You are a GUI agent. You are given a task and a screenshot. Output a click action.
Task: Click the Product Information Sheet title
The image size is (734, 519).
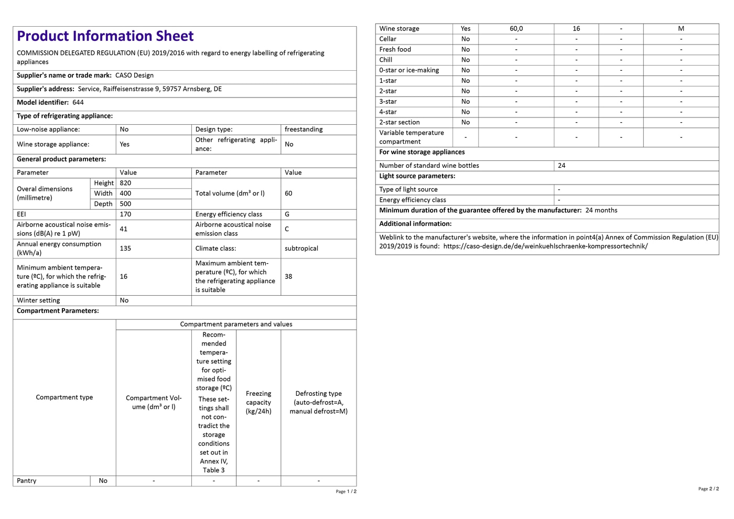pos(105,36)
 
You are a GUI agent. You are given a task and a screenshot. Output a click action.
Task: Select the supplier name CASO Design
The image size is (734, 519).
pos(134,75)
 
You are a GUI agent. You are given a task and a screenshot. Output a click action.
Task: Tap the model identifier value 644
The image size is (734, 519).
pos(78,103)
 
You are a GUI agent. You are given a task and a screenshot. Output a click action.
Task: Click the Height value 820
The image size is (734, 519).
pos(125,183)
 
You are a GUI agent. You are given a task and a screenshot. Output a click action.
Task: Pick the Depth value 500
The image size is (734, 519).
pos(125,204)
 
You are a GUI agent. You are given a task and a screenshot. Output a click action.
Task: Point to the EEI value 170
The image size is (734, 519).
pos(125,214)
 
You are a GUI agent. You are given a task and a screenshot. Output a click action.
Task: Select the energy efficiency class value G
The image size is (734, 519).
pos(287,214)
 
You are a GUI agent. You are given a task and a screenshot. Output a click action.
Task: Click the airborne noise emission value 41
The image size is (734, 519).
pos(124,229)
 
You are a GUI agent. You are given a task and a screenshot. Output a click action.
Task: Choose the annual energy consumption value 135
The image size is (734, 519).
pos(125,248)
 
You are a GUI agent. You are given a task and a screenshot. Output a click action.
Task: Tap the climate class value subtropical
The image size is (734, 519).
pos(301,248)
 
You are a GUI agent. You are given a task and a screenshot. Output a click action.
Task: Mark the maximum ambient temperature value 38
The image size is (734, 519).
pos(288,276)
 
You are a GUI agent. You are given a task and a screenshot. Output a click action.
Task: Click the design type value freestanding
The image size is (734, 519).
pos(304,129)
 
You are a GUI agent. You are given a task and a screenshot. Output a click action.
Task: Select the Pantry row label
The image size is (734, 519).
pos(27,481)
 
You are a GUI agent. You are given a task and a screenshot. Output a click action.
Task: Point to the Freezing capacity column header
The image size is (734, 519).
pos(258,402)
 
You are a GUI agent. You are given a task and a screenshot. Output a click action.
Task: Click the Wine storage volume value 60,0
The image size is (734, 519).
pos(516,29)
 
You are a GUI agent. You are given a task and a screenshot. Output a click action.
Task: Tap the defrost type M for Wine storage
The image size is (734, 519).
pos(681,29)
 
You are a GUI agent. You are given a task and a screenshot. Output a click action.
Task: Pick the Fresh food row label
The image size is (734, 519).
pos(395,49)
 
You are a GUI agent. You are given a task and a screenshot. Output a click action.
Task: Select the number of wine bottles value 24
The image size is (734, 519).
pos(562,166)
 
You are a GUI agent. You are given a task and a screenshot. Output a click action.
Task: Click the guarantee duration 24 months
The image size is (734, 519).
pos(601,210)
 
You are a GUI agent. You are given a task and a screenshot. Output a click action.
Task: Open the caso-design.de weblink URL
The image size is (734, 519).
pos(545,246)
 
